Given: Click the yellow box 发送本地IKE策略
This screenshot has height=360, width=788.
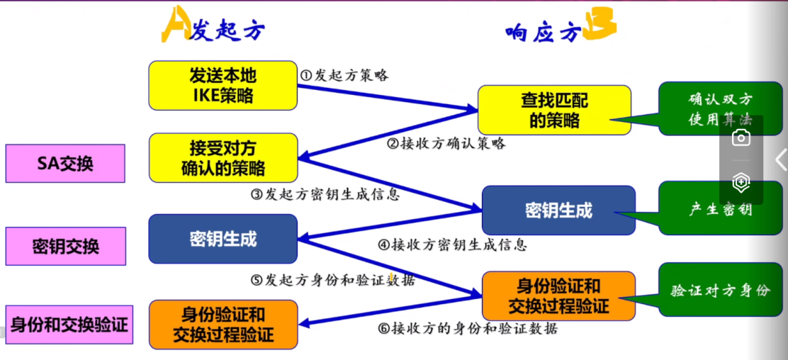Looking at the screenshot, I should (223, 85).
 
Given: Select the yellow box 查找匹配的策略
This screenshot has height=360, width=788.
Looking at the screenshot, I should (553, 110).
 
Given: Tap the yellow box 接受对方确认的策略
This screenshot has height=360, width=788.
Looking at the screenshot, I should (223, 158).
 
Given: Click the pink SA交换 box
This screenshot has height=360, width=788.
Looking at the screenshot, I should (65, 164).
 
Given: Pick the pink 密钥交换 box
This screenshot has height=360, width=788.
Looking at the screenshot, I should (65, 246).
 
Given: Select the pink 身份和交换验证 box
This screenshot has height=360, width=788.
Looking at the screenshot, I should (69, 325).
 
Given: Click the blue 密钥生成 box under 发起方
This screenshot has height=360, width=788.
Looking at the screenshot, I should (223, 239).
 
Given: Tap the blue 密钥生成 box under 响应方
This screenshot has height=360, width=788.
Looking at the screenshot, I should (558, 210).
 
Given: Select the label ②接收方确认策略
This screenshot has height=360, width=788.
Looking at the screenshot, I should (446, 143).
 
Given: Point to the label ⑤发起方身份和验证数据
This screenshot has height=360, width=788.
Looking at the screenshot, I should (332, 280).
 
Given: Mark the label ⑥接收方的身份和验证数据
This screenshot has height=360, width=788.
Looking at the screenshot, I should (468, 328).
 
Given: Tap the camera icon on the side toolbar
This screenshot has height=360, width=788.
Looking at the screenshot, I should (741, 137).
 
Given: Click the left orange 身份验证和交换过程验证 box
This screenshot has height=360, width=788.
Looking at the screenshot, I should (223, 324).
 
